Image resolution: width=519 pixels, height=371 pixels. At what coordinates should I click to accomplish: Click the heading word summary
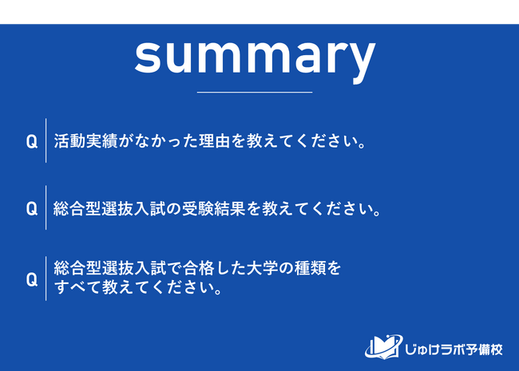click(255, 59)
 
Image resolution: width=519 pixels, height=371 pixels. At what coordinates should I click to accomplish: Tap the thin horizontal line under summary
click(255, 93)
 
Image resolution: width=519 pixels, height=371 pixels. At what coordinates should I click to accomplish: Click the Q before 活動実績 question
click(32, 142)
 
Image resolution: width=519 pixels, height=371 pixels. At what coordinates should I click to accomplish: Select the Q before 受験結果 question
click(32, 209)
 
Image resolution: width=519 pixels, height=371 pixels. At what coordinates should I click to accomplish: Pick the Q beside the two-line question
click(32, 280)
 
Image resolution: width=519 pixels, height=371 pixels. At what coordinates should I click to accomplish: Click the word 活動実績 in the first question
click(85, 141)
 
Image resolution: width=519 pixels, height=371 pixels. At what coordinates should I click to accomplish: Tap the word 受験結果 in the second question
click(214, 208)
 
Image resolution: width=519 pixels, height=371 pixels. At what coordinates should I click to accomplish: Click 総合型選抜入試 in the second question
click(109, 208)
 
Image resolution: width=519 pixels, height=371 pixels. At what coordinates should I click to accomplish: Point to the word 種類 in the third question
click(311, 268)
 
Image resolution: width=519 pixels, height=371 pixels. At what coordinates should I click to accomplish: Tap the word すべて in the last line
click(77, 287)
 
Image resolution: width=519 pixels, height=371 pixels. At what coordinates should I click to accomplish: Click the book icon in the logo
click(384, 347)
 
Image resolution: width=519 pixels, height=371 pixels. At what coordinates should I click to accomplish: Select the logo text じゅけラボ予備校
click(454, 349)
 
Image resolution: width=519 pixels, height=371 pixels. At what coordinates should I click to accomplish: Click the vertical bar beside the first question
click(46, 140)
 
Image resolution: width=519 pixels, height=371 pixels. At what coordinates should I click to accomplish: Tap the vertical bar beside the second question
click(46, 207)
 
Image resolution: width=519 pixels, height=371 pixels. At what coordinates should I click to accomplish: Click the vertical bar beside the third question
click(46, 278)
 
